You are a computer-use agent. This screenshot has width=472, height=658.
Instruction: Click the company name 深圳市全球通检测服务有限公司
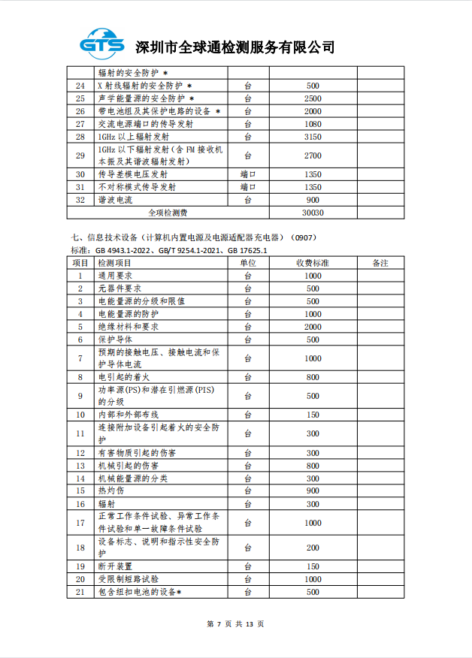[x=234, y=47]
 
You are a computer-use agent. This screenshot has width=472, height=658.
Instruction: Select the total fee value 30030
[x=312, y=213]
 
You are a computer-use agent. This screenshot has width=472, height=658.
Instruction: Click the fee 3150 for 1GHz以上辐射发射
[x=312, y=137]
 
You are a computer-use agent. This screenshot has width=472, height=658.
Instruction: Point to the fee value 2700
[x=312, y=155]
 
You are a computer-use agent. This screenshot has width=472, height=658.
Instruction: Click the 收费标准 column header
[x=312, y=263]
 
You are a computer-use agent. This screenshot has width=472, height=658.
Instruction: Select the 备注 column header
[x=380, y=263]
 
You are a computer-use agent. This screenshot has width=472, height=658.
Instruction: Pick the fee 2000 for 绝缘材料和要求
[x=312, y=327]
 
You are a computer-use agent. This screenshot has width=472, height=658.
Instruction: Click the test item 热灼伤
[x=110, y=490]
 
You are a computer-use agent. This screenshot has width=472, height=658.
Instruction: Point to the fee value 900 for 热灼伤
[x=312, y=490]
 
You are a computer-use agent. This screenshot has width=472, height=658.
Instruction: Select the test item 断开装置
[x=115, y=566]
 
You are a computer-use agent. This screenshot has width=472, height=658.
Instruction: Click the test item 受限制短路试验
[x=128, y=579]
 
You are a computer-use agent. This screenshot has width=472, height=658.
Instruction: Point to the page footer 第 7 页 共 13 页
[x=235, y=623]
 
